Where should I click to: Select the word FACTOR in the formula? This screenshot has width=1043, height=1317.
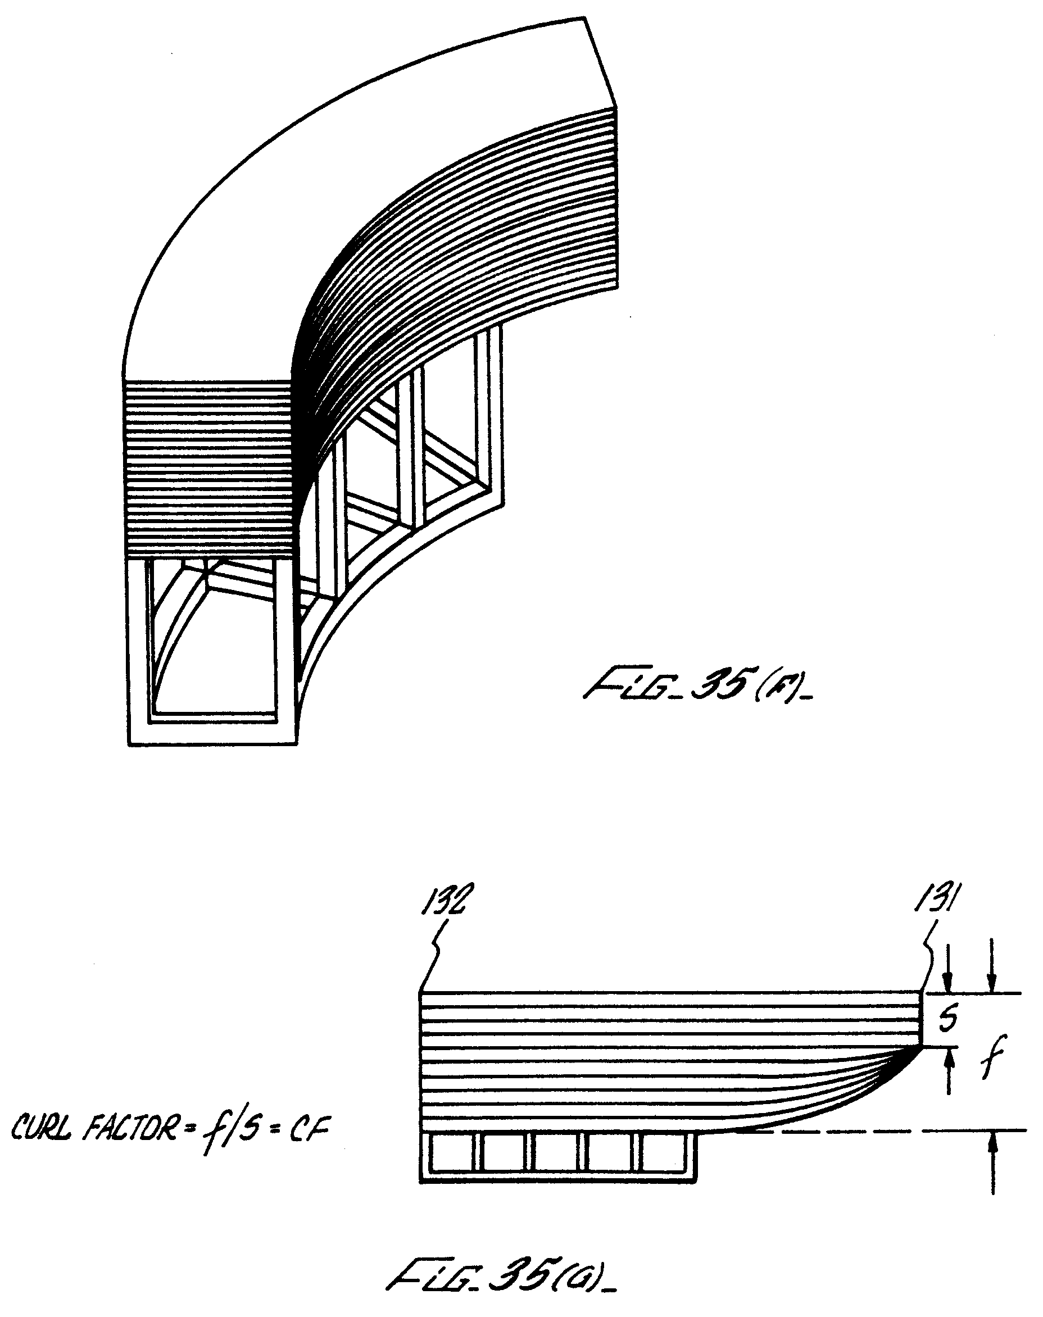click(133, 1132)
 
